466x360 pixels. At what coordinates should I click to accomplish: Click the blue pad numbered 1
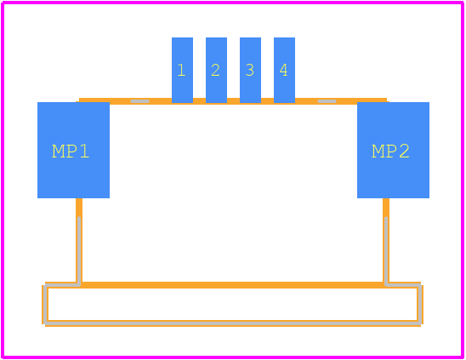pos(182,71)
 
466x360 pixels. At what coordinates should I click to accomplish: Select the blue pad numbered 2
pos(216,71)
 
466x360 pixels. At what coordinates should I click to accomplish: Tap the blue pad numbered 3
pos(250,71)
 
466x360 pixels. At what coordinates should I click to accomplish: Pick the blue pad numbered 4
pos(284,71)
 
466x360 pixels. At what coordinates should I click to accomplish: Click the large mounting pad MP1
pos(73,151)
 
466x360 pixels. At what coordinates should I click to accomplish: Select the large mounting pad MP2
pos(393,151)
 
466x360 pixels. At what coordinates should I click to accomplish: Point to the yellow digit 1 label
pos(181,71)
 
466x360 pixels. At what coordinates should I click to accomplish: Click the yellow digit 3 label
pos(250,71)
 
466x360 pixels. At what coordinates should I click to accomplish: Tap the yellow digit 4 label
pos(283,71)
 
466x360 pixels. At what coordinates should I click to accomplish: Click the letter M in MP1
pos(58,151)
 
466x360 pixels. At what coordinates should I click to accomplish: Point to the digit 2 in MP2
pos(404,151)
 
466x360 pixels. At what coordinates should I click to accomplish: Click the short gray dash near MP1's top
pos(139,101)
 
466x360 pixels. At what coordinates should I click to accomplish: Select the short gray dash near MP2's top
pos(327,101)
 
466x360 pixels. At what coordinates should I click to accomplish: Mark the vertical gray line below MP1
pos(79,251)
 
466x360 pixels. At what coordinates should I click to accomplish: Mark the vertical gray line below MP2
pos(386,251)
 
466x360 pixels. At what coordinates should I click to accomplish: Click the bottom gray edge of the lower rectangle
pos(233,323)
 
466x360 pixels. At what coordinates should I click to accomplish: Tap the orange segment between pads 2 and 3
pos(233,101)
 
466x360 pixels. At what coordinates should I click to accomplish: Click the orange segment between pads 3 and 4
pos(268,101)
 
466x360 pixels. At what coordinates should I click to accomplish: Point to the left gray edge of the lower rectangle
pos(45,305)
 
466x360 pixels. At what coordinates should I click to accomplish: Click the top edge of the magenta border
pos(233,3)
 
